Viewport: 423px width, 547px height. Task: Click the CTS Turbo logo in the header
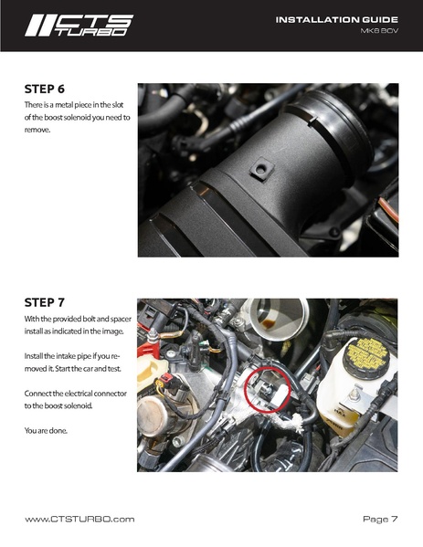[78, 25]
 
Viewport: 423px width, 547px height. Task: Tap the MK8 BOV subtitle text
[380, 32]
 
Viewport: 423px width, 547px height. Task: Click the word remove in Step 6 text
[37, 130]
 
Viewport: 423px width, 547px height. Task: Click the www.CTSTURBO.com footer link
[79, 519]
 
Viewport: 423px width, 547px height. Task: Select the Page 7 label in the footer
[380, 519]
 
